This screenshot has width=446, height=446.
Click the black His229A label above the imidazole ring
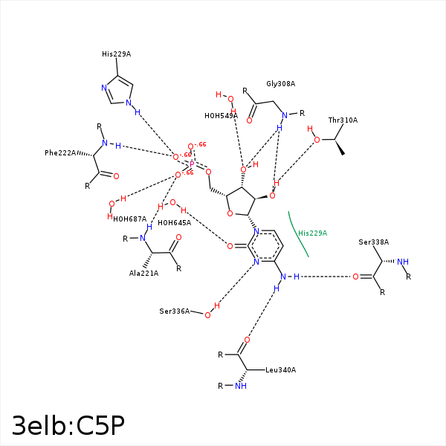(x=116, y=54)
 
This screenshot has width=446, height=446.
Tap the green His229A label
(x=312, y=233)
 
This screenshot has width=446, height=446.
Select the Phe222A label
(x=60, y=153)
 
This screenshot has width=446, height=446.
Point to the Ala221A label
(x=144, y=274)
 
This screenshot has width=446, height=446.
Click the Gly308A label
(x=281, y=84)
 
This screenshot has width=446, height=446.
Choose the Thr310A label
(x=343, y=120)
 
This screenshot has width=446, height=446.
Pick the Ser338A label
(x=373, y=242)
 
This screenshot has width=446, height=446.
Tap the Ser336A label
(x=175, y=311)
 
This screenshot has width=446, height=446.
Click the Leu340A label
(x=281, y=369)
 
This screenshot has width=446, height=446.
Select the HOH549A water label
(x=221, y=116)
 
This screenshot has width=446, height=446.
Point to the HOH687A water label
(x=129, y=219)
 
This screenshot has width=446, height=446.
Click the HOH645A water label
(x=174, y=222)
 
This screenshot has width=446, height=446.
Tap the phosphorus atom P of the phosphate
(x=192, y=164)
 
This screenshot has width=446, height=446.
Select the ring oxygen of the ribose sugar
(x=230, y=214)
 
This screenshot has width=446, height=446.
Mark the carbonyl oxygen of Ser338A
(x=355, y=277)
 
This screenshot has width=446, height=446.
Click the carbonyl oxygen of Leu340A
(x=247, y=340)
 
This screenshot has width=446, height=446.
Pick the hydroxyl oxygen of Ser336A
(x=207, y=315)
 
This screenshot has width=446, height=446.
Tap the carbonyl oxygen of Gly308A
(x=250, y=120)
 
